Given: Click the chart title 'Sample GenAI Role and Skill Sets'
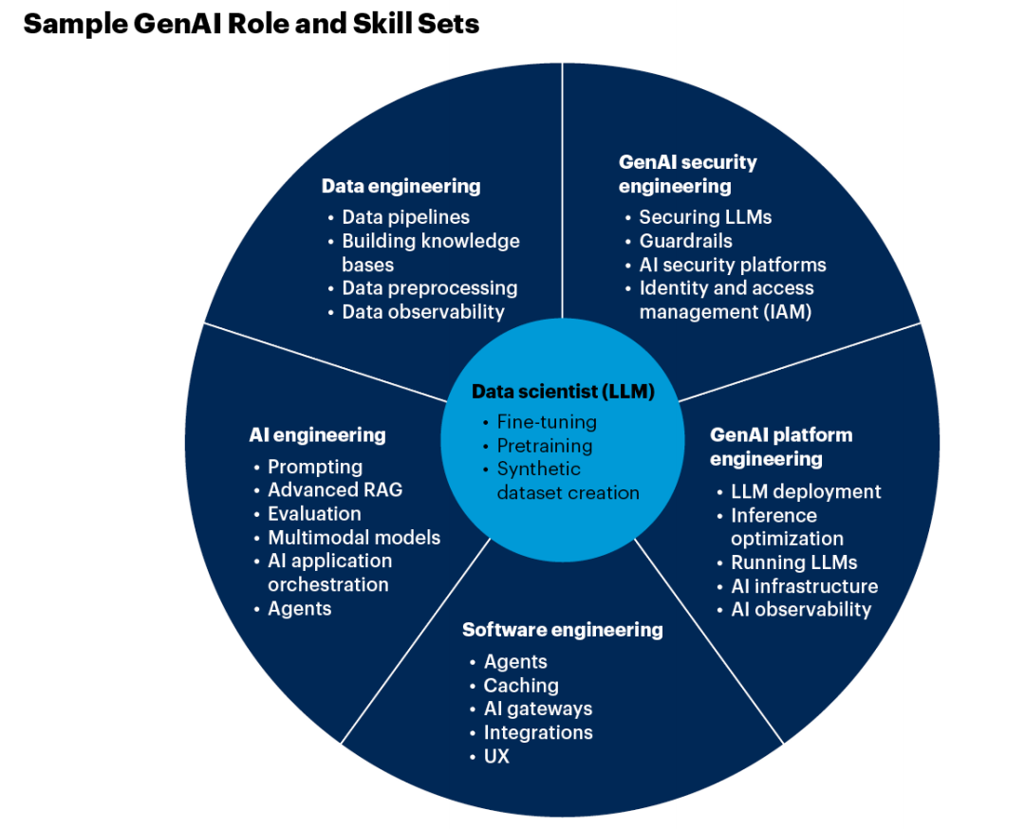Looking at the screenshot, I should [x=252, y=24].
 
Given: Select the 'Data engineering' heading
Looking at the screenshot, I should [x=401, y=186].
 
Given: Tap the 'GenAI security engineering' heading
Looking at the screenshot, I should [x=687, y=174].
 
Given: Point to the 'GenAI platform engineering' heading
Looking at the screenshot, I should [x=781, y=447].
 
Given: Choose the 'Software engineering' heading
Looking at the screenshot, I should [x=562, y=630].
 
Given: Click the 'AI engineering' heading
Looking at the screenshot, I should [x=317, y=435].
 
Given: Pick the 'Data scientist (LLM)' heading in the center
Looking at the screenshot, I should [x=563, y=392].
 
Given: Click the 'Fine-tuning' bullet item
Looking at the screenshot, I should [x=547, y=422].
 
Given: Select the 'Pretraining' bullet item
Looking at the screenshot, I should [x=544, y=446].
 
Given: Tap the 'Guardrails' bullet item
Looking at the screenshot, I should [x=685, y=241].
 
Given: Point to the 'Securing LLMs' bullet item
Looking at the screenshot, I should [x=705, y=217].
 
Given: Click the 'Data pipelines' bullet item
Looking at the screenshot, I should [x=405, y=217].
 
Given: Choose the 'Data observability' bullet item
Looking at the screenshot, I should [x=422, y=311].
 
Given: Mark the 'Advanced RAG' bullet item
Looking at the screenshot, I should [x=335, y=489].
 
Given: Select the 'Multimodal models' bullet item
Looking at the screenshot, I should [x=354, y=537].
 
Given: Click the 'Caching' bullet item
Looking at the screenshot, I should [x=521, y=685].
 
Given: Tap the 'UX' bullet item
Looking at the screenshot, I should [x=496, y=756].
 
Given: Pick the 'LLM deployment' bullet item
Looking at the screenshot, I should [x=806, y=491].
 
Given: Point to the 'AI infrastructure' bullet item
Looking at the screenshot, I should [x=804, y=586].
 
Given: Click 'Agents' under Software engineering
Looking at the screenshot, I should [x=515, y=661].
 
